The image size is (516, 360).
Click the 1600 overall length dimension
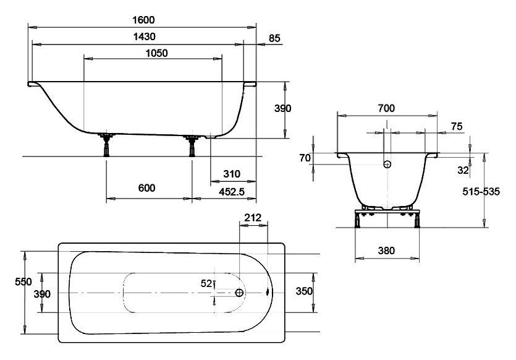143,20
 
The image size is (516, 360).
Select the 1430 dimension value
144,36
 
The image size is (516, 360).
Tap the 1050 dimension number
156,53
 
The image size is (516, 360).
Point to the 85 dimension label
274,38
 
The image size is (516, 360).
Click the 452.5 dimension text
232,192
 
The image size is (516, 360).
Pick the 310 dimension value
232,174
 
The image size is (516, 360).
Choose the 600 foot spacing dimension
147,188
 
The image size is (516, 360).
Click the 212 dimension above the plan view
253,217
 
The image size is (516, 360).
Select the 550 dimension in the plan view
23,281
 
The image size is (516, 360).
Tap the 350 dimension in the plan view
304,291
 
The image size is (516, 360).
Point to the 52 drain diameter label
206,283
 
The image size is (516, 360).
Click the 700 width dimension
386,108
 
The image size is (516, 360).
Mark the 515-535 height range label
481,191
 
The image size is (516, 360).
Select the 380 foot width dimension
386,251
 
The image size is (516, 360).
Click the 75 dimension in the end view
457,126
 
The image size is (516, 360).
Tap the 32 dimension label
463,170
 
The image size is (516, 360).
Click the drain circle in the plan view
239,293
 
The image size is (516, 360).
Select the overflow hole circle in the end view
387,164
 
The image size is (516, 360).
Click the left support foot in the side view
106,145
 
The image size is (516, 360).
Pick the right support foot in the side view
192,145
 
